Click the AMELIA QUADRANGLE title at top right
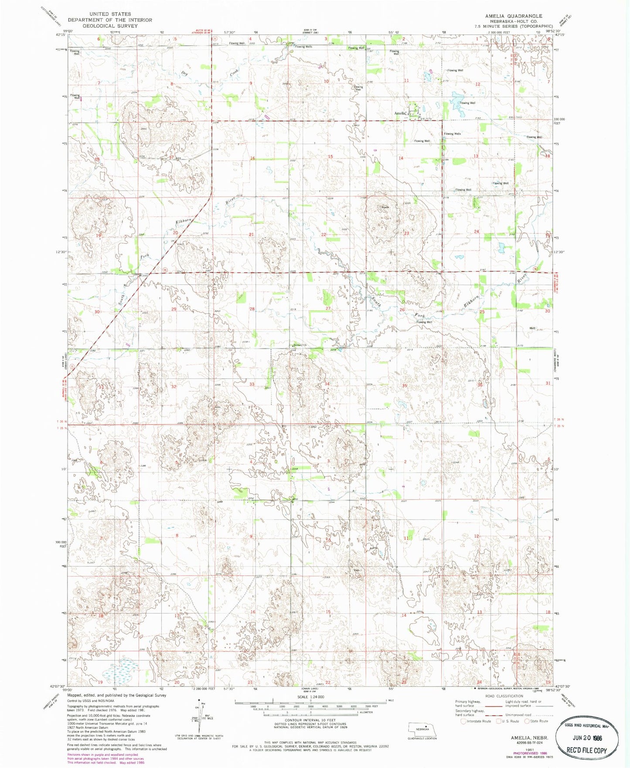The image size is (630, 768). click(514, 16)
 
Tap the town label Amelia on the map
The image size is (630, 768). click(400, 113)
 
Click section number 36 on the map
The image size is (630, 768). click(480, 385)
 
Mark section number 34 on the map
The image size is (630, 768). click(327, 384)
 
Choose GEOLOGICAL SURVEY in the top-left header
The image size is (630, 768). click(110, 26)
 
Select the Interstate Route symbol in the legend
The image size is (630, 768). click(463, 721)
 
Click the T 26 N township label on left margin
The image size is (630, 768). click(61, 422)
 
